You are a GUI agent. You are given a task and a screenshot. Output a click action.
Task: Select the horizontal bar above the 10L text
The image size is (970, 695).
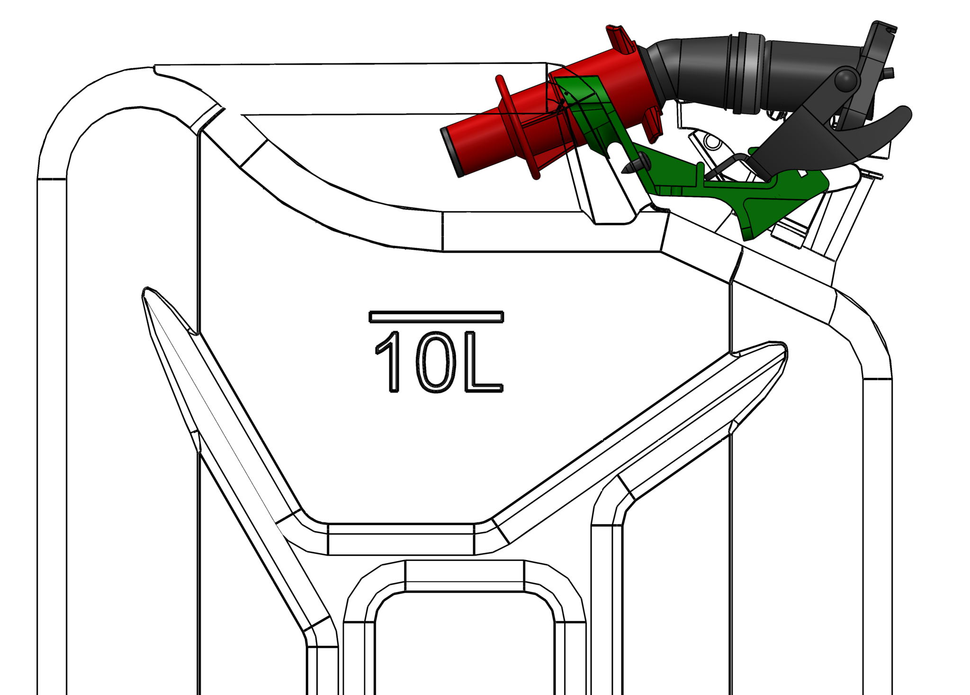tap(436, 317)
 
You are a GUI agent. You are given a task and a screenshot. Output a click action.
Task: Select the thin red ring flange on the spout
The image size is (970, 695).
tap(516, 128)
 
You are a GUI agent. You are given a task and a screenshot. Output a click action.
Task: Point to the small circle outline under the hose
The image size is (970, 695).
tap(711, 141)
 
